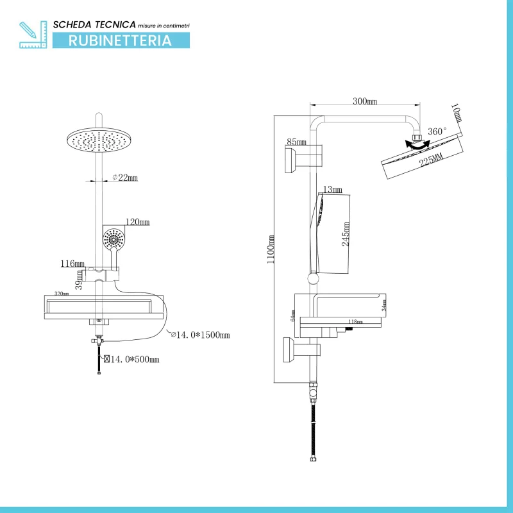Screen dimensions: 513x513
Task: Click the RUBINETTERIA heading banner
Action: (x=121, y=40)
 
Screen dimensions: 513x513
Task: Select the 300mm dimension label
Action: (x=364, y=101)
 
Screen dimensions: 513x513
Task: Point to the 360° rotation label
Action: (x=437, y=131)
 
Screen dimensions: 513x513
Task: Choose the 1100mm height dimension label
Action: (x=272, y=249)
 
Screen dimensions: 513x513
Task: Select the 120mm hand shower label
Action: (x=137, y=223)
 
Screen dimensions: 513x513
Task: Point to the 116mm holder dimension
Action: (x=72, y=264)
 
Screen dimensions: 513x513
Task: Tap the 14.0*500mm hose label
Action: (x=132, y=360)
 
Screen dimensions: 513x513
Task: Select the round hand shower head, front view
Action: (x=115, y=240)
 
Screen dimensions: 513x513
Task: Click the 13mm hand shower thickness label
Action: (x=333, y=190)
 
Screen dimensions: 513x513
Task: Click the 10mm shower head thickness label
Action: (x=456, y=114)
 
